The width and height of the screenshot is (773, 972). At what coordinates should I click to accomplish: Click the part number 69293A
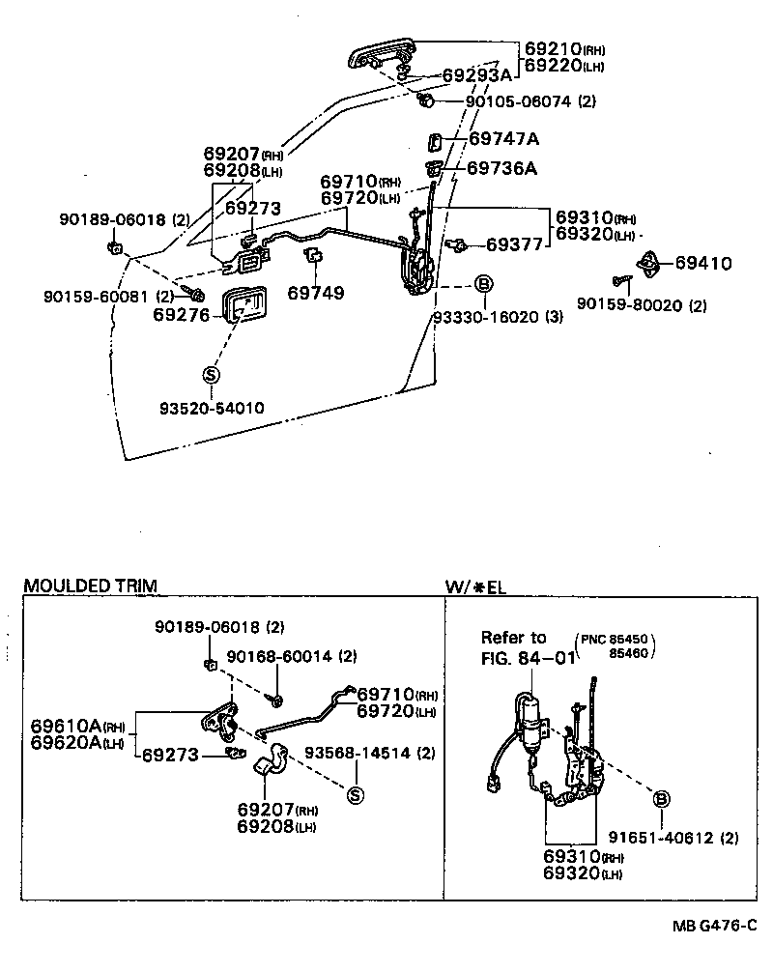click(x=476, y=74)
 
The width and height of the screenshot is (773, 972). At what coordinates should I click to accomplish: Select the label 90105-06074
click(x=519, y=100)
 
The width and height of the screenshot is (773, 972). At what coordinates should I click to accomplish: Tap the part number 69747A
click(x=503, y=139)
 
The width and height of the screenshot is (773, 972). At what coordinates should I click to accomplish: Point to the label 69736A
click(x=501, y=168)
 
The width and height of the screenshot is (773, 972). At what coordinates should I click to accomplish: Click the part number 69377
click(x=515, y=245)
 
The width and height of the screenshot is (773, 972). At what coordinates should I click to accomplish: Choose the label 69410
click(x=702, y=263)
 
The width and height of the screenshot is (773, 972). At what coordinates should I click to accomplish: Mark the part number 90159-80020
click(x=631, y=305)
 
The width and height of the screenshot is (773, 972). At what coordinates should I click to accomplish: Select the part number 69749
click(x=316, y=292)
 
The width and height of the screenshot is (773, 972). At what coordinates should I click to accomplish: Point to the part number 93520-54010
click(x=212, y=409)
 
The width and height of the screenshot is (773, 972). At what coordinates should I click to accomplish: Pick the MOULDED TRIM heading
click(x=89, y=586)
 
